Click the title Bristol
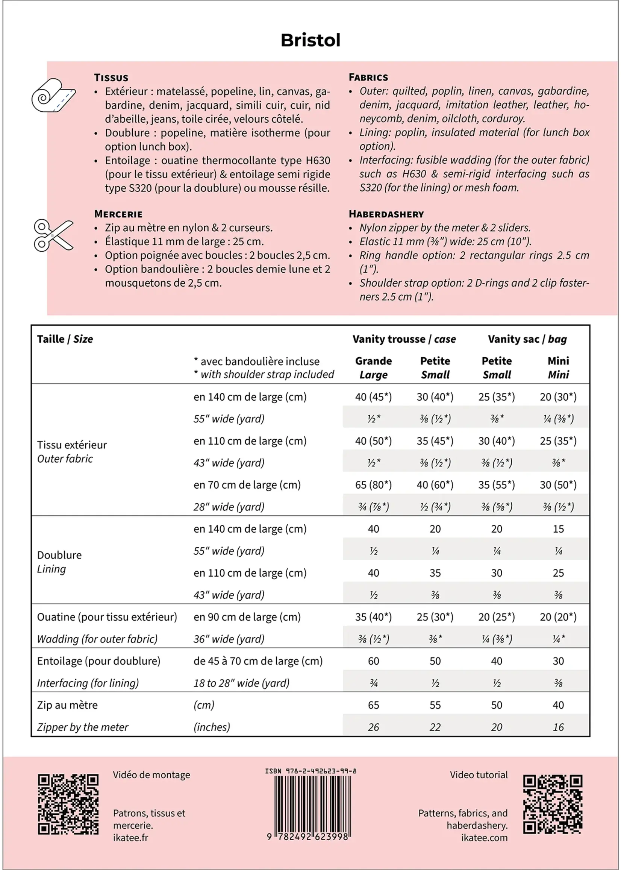(x=310, y=40)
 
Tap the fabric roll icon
(x=53, y=95)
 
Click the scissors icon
(x=53, y=235)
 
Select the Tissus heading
(x=111, y=77)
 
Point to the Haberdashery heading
(x=386, y=214)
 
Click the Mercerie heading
(x=118, y=214)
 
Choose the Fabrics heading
(x=368, y=77)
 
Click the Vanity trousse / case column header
(x=404, y=339)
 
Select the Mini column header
(x=558, y=367)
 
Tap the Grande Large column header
(x=373, y=367)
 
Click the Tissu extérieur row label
(x=72, y=451)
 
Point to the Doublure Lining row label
(x=59, y=562)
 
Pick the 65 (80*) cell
(x=373, y=485)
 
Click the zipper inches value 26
(x=373, y=727)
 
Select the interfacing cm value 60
(x=373, y=661)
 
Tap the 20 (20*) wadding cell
(x=558, y=617)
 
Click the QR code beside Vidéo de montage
(x=68, y=804)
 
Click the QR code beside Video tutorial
(x=553, y=804)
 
